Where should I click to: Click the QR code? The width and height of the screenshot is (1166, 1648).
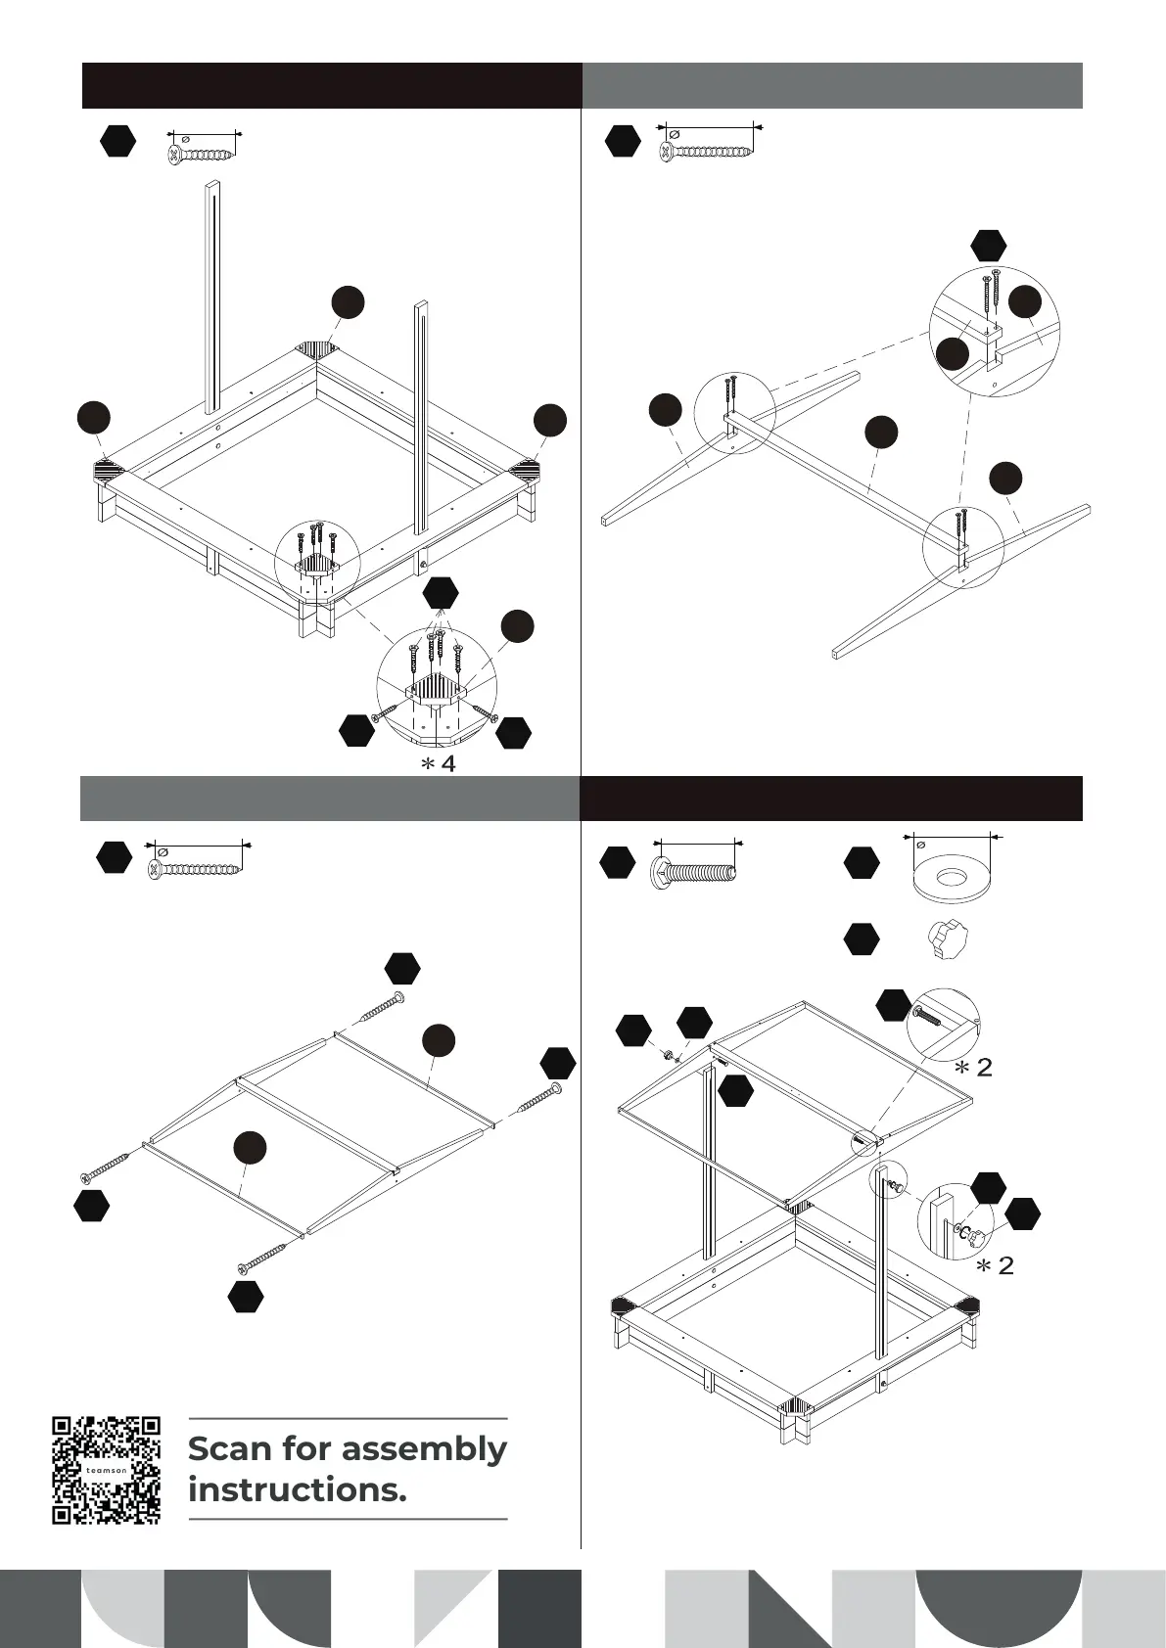click(106, 1469)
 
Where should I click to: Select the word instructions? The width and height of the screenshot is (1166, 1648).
click(297, 1490)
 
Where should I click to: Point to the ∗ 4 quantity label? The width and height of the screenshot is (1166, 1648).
click(439, 764)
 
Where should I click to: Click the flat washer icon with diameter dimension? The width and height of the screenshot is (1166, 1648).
click(950, 875)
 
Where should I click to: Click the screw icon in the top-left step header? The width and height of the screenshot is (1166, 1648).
click(202, 155)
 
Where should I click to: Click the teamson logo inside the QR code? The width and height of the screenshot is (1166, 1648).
click(106, 1470)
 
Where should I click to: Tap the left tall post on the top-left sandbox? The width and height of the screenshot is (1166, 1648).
click(211, 298)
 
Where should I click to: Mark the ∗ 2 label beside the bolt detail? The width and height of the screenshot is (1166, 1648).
click(974, 1068)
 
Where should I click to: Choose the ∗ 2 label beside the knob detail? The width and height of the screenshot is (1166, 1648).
click(996, 1266)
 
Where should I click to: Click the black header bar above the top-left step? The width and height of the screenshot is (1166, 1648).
click(332, 85)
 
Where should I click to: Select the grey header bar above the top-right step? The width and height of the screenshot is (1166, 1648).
click(832, 85)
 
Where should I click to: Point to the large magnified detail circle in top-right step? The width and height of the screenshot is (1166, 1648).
click(994, 330)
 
